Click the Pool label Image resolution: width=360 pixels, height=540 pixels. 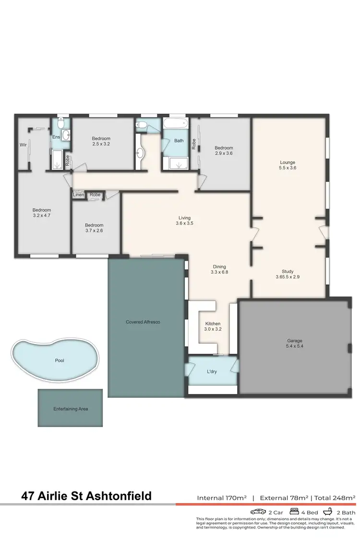click(x=59, y=360)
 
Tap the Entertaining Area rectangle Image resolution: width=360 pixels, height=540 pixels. click(x=71, y=409)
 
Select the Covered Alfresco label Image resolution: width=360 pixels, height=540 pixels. click(x=143, y=322)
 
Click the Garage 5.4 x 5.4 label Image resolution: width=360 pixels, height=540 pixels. click(x=295, y=344)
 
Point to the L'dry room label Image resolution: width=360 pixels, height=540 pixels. click(x=211, y=372)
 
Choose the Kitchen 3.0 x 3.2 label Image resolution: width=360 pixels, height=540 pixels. click(x=213, y=326)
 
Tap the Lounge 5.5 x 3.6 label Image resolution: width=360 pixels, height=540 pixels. click(x=288, y=165)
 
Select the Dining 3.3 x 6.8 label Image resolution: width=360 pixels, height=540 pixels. click(x=219, y=270)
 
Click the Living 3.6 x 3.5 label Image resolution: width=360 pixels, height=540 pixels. click(x=184, y=221)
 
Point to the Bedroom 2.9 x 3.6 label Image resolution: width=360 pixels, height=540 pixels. click(x=224, y=151)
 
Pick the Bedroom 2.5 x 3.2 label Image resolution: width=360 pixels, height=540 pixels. click(x=101, y=141)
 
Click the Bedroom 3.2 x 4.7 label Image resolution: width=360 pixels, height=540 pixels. click(x=42, y=213)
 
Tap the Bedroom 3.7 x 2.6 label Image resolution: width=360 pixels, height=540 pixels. click(x=94, y=228)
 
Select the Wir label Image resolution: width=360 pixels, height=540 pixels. click(x=23, y=144)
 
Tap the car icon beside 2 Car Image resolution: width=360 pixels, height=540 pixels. click(x=258, y=512)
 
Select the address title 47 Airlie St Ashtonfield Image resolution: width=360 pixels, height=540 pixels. click(x=86, y=496)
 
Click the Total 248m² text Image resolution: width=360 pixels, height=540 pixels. click(x=335, y=498)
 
